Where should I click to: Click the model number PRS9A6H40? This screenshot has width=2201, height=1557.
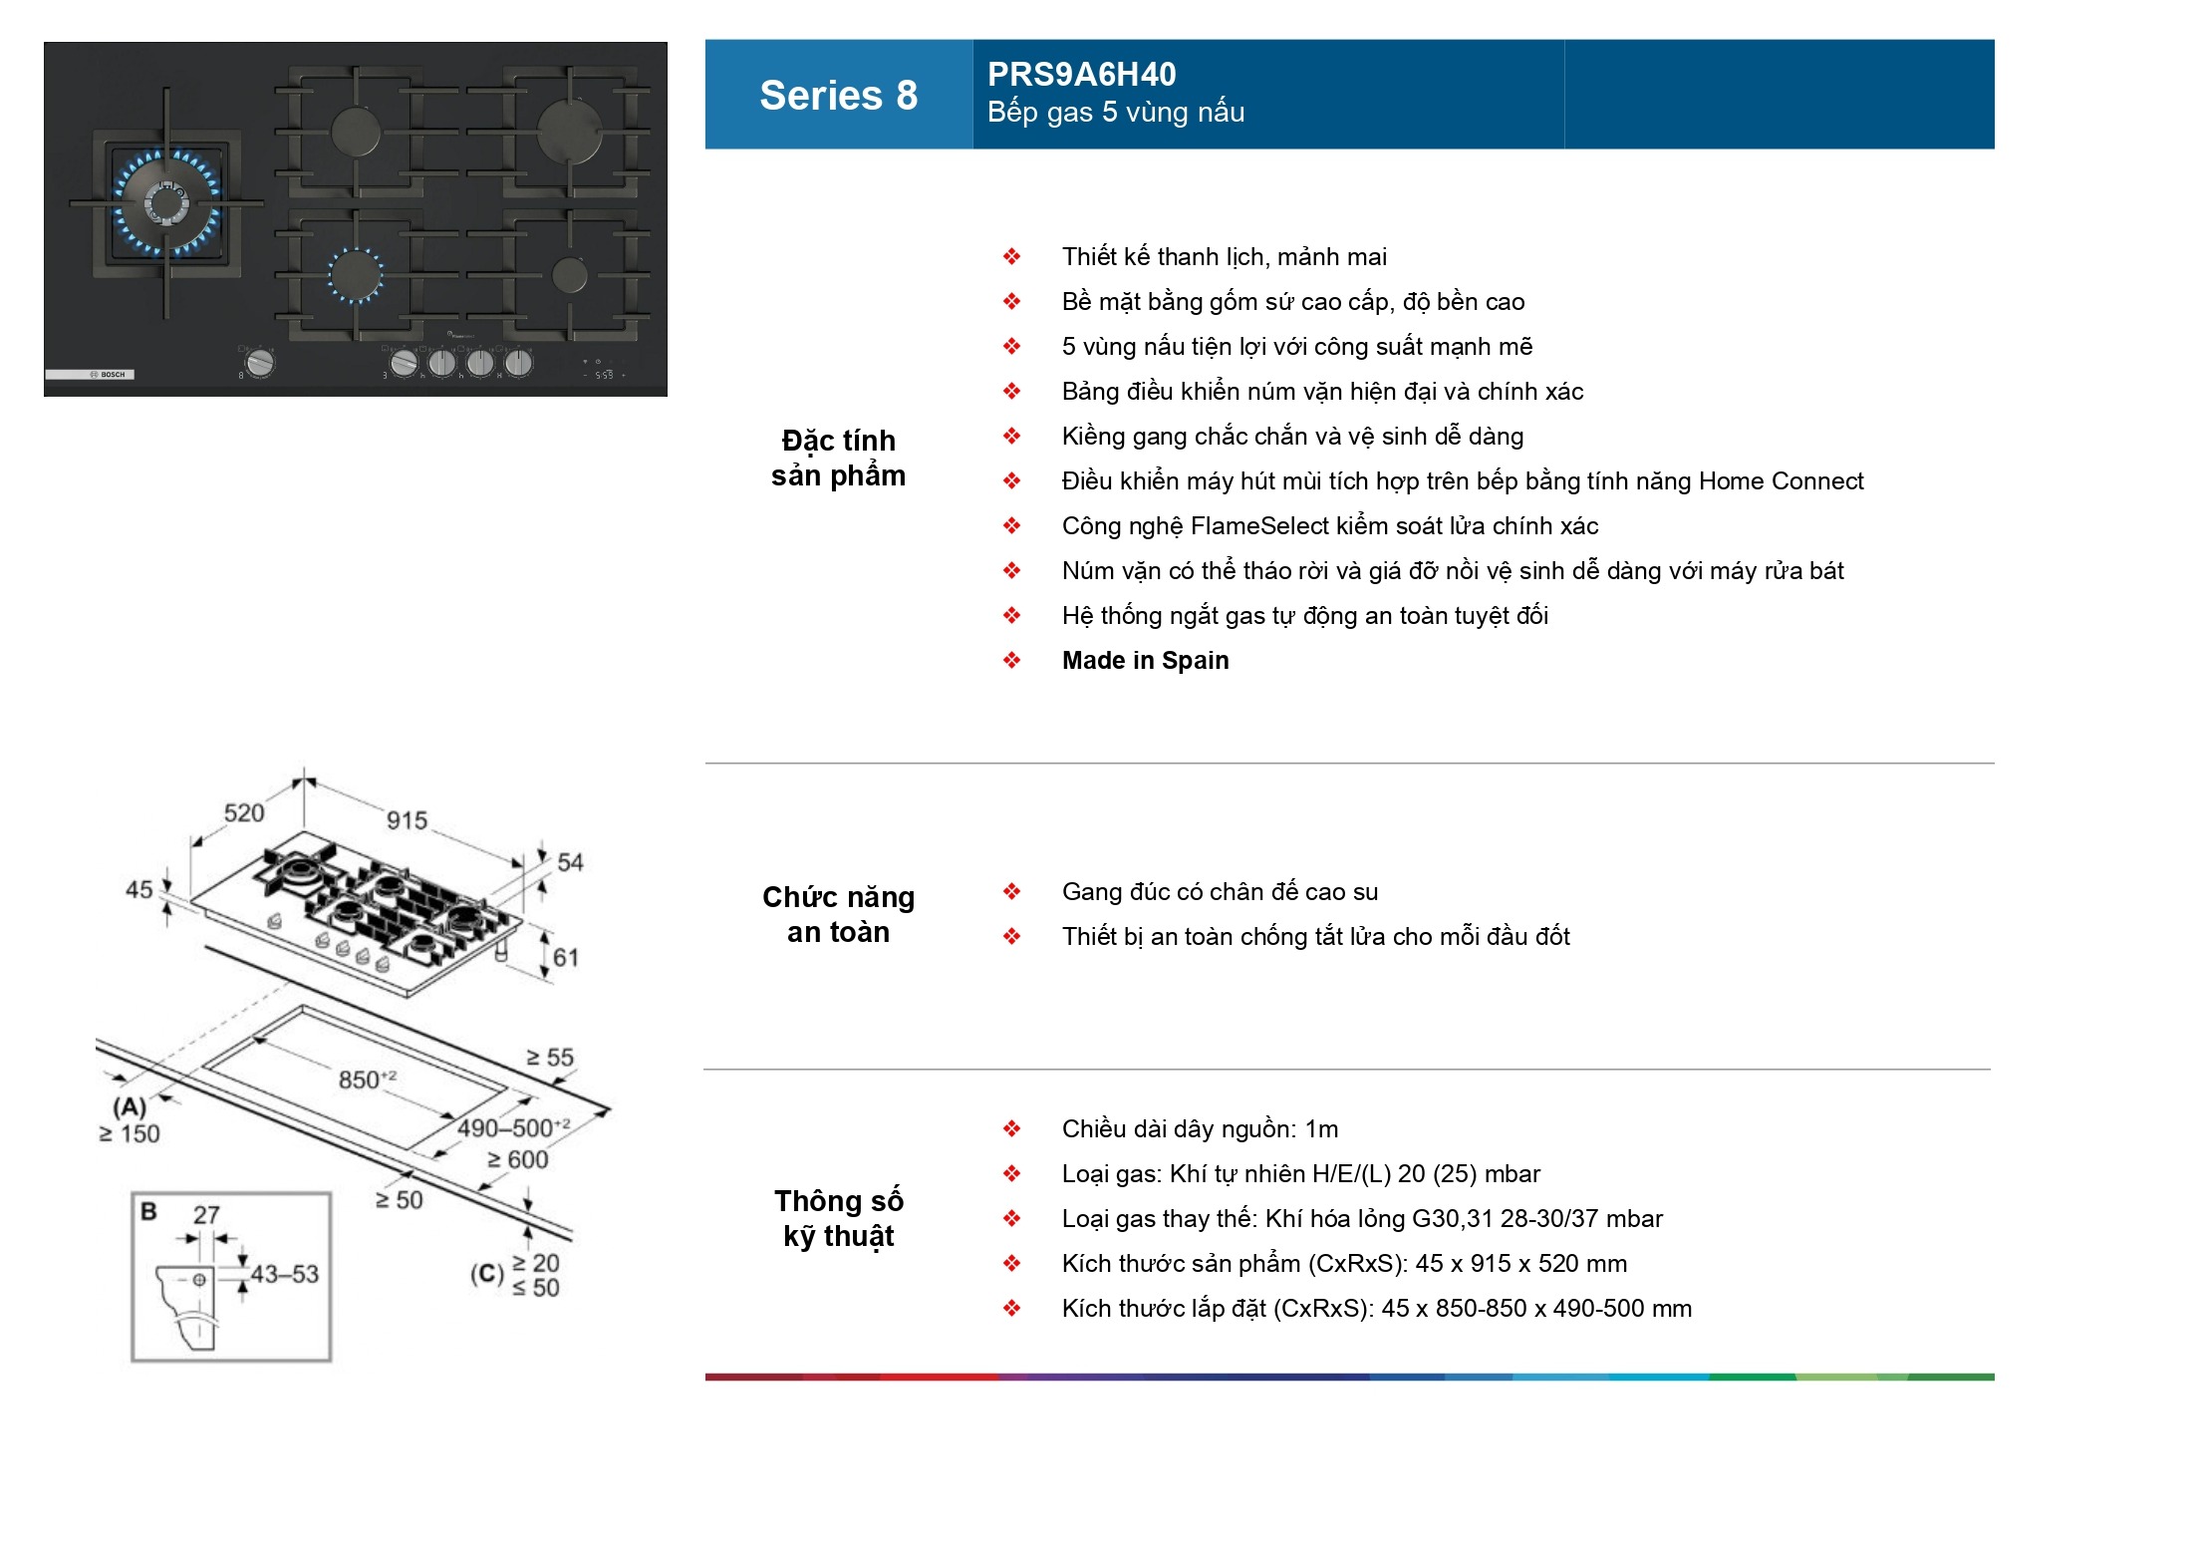click(x=1081, y=75)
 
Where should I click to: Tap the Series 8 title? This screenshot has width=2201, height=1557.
click(x=838, y=96)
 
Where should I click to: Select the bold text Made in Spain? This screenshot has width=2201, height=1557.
click(x=1145, y=661)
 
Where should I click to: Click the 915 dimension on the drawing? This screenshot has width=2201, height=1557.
click(x=407, y=820)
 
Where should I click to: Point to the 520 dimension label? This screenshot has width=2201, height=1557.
click(x=244, y=812)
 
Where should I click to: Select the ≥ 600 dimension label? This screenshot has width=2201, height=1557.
click(x=518, y=1159)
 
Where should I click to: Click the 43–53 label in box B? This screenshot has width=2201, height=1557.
click(x=285, y=1274)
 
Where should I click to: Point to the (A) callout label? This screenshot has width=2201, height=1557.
click(x=130, y=1106)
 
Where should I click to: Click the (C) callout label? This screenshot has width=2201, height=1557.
click(x=487, y=1274)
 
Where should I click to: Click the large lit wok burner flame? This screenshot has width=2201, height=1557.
click(x=166, y=203)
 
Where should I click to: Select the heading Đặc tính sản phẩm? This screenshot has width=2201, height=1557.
click(x=838, y=459)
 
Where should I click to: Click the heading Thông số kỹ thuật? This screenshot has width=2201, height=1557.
click(x=838, y=1218)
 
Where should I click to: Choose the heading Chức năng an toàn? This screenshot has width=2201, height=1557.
click(x=838, y=914)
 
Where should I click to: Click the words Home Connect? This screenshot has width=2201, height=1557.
click(x=1781, y=481)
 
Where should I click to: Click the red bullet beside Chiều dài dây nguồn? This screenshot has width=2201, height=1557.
click(x=1011, y=1129)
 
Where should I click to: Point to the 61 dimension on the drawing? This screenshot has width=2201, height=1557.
click(x=566, y=957)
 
